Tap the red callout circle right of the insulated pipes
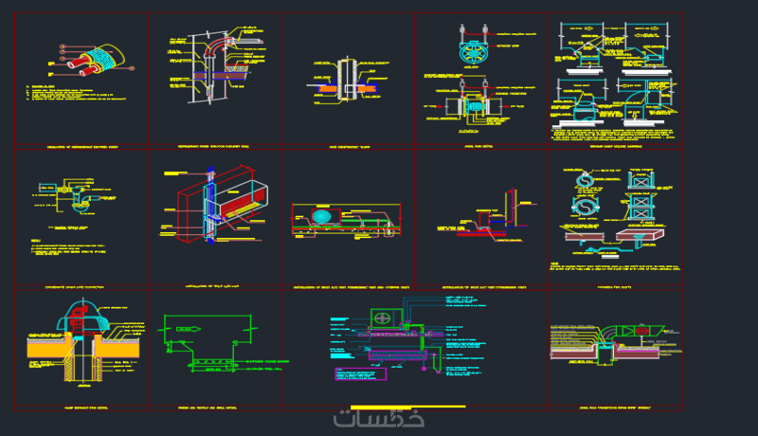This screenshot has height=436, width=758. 63,46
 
